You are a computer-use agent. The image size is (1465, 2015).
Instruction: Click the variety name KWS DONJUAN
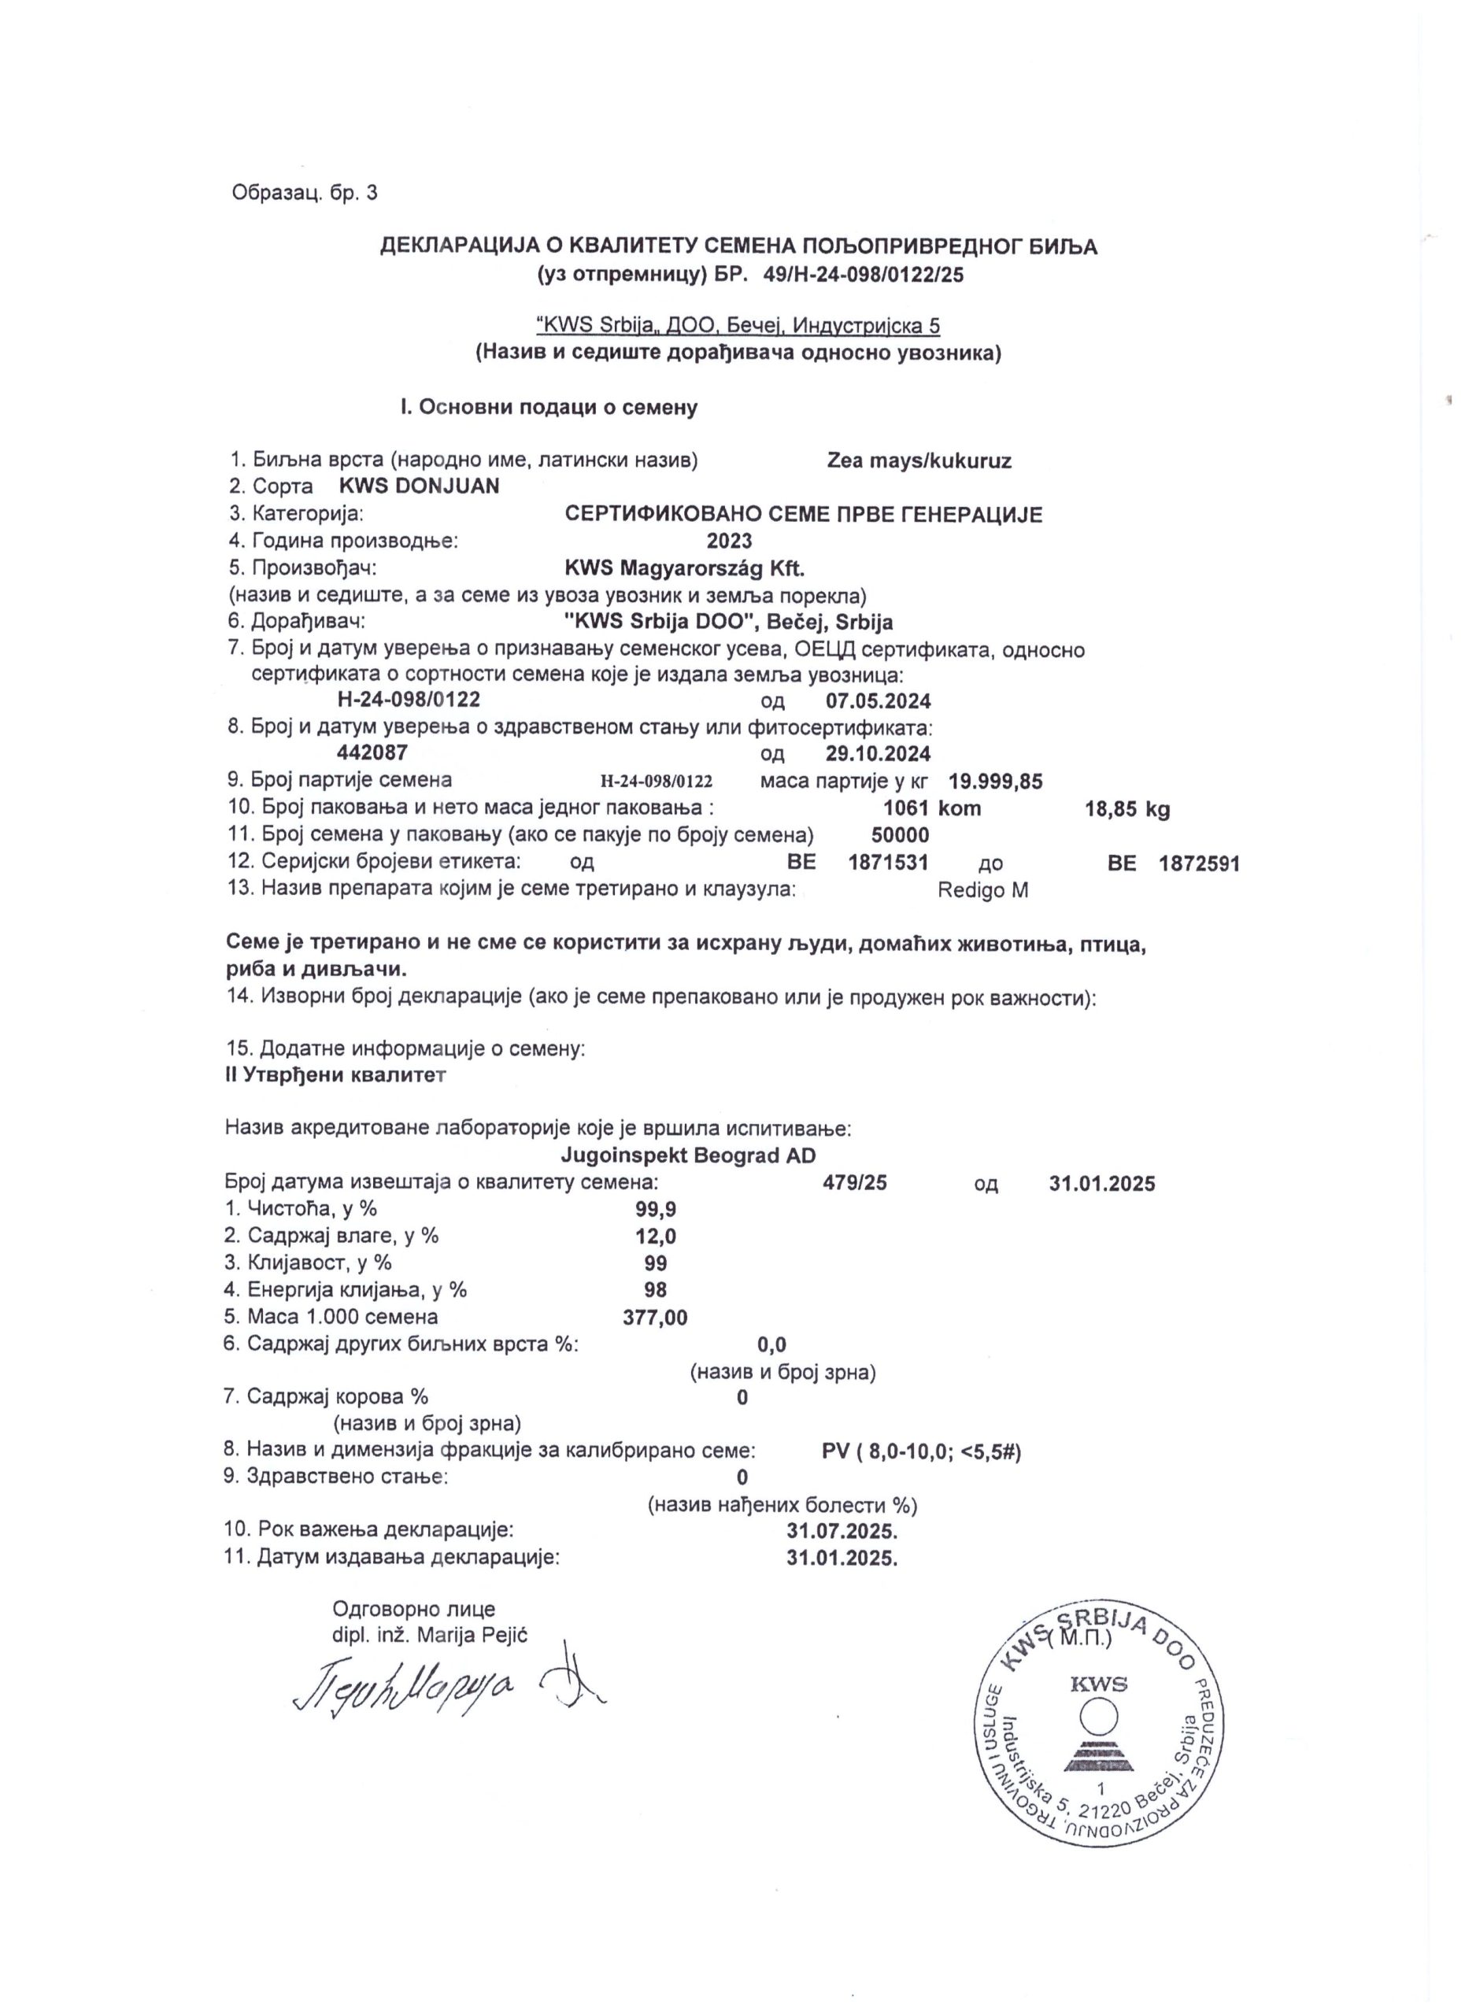[x=420, y=486]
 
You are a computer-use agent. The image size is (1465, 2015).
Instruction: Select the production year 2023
[x=730, y=540]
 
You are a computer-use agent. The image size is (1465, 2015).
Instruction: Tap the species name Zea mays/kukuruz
[x=919, y=460]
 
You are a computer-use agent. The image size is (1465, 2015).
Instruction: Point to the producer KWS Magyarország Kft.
[x=684, y=567]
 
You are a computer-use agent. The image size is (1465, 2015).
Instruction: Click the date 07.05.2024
[x=878, y=701]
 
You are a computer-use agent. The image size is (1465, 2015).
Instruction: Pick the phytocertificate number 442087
[x=372, y=752]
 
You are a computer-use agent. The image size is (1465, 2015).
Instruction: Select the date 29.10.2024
[x=878, y=753]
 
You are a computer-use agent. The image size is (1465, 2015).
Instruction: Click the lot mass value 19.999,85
[x=995, y=781]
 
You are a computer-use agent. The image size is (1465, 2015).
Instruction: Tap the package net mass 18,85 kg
[x=1127, y=808]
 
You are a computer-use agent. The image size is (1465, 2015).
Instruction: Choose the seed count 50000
[x=900, y=834]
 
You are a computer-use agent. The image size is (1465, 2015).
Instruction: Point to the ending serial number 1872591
[x=1200, y=862]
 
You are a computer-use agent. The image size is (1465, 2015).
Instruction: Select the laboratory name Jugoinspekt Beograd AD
[x=688, y=1155]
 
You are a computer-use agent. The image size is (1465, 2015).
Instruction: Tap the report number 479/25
[x=855, y=1182]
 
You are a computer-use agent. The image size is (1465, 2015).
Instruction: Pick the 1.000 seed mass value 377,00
[x=655, y=1317]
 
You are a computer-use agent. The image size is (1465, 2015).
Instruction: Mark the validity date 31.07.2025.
[x=842, y=1531]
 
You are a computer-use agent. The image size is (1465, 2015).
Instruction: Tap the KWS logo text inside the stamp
[x=1099, y=1684]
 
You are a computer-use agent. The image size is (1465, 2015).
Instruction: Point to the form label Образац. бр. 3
[x=304, y=192]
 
